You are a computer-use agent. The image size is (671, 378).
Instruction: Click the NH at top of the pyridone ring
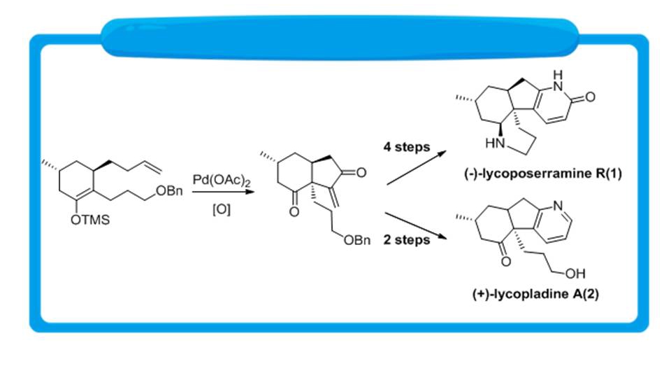tap(557, 78)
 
